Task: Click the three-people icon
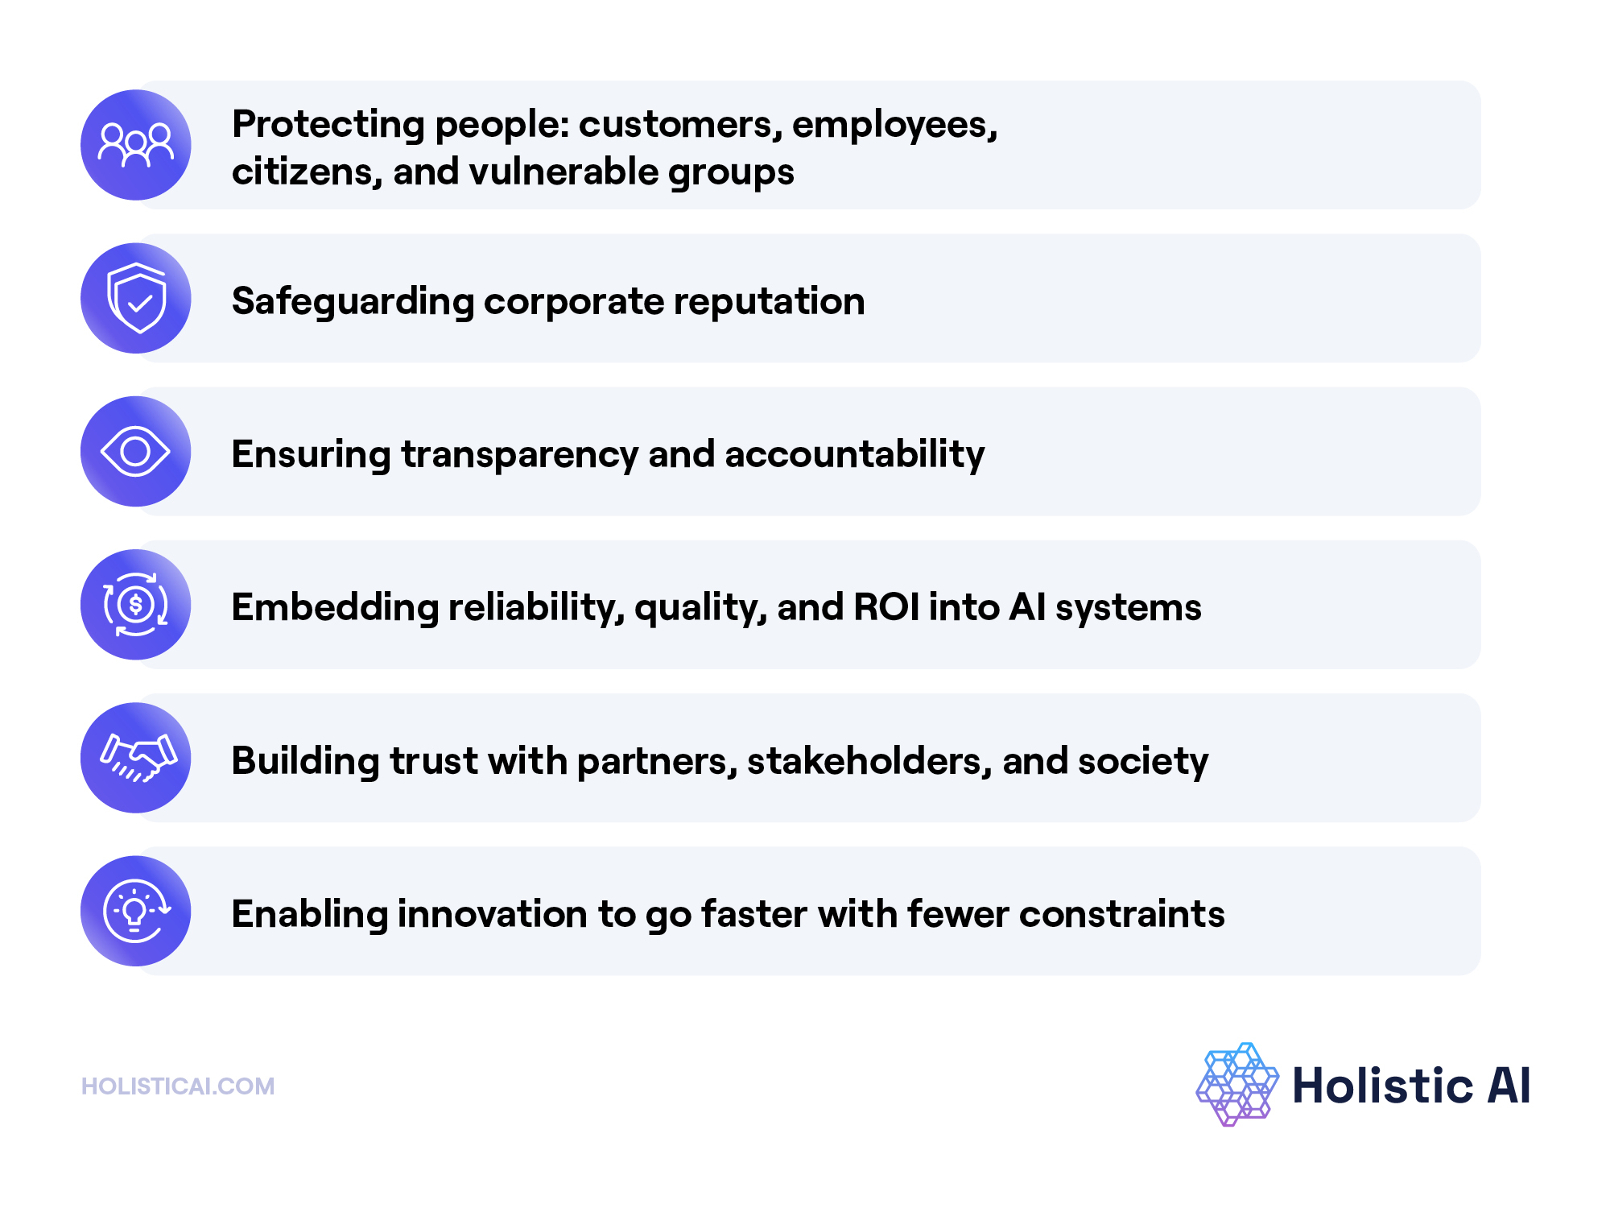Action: coord(135,145)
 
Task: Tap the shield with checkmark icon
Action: coord(136,298)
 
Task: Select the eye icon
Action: coord(135,451)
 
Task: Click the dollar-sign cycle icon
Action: coord(135,604)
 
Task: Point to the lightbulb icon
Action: coord(135,911)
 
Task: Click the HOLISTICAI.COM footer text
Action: coord(178,1086)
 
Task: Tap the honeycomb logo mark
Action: coord(1237,1084)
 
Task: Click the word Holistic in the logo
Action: coord(1382,1085)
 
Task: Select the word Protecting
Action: coord(328,125)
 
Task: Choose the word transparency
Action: coord(520,455)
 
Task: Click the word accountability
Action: coord(854,454)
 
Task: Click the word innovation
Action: coord(492,914)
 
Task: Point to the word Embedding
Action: coord(335,608)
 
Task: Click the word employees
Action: coord(894,125)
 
